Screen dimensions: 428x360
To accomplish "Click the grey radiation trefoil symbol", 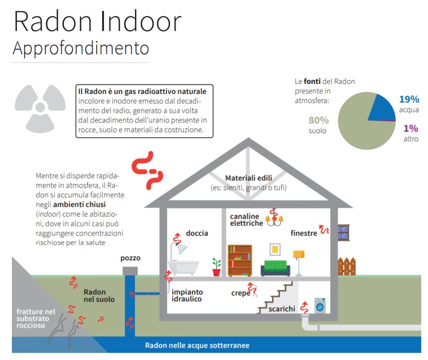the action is point(40,108).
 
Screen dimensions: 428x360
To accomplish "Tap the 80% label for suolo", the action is point(319,120).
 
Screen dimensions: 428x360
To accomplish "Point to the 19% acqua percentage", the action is point(409,99).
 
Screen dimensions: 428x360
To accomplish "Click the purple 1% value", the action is point(411,129).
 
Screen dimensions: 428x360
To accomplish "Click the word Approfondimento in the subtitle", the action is point(81,48).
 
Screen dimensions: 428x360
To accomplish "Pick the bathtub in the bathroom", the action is point(183,267).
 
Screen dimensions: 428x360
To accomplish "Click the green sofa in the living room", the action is point(275,268).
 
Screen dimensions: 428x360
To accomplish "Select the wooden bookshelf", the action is point(240,261).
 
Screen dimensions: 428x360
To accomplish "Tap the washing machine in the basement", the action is point(320,305).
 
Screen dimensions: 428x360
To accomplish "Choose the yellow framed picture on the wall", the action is point(275,249).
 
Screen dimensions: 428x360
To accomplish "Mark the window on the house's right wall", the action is point(343,232).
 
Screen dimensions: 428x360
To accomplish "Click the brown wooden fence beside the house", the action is point(347,266).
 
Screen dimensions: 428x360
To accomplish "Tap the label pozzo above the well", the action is point(130,258).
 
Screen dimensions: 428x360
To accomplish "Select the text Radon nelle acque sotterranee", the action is point(197,345).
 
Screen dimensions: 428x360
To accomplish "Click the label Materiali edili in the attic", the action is point(249,178).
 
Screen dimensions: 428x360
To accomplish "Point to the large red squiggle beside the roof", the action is point(147,170).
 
